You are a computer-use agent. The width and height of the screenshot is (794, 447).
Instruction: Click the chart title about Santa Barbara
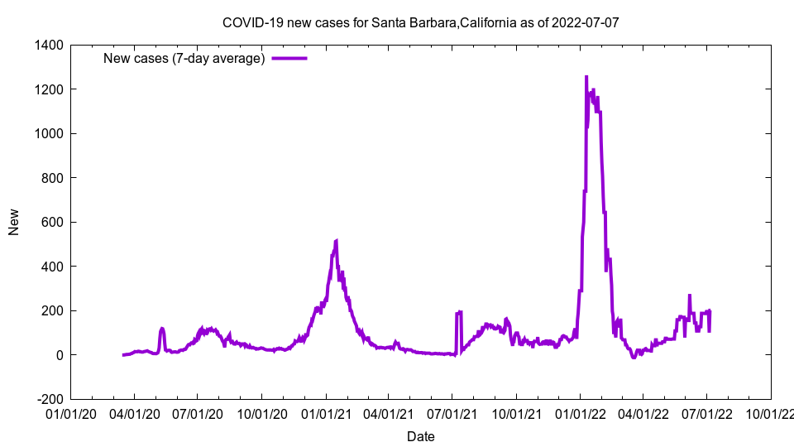[420, 22]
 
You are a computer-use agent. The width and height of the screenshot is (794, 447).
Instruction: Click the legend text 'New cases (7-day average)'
[184, 59]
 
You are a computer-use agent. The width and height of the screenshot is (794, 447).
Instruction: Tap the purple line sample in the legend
[289, 59]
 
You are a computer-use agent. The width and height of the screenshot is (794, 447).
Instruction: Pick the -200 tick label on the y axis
[50, 399]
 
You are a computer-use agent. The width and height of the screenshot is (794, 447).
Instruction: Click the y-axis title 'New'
[14, 222]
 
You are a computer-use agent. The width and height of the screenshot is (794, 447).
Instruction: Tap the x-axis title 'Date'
[420, 436]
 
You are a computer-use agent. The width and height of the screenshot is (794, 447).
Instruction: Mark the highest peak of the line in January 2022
[586, 76]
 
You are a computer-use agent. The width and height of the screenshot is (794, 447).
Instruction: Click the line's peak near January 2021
[337, 241]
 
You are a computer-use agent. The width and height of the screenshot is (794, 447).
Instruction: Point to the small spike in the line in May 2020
[162, 329]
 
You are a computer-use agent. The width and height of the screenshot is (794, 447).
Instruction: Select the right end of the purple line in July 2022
[710, 330]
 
